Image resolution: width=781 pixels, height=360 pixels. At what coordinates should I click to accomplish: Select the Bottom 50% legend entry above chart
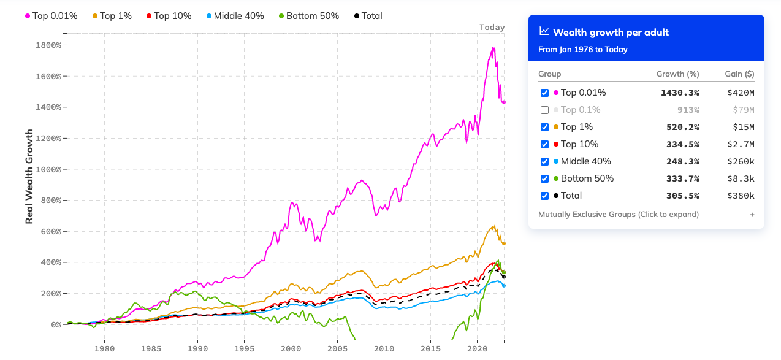pos(308,16)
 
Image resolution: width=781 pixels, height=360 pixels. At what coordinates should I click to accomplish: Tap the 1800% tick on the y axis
pos(48,45)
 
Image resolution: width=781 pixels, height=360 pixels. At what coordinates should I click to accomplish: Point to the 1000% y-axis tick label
pos(48,169)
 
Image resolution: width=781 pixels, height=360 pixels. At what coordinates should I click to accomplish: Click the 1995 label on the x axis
pos(244,348)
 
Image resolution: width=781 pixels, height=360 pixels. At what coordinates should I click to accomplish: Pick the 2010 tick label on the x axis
pos(384,348)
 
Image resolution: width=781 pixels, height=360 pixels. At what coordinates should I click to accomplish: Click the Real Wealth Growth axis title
pos(29,176)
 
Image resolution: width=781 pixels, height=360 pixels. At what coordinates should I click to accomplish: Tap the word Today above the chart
pos(492,27)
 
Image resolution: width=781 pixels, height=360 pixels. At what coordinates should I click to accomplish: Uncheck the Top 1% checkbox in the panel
pos(544,128)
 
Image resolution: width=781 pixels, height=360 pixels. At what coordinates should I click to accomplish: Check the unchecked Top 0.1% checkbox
pos(544,110)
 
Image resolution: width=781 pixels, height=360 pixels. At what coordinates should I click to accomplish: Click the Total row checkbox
pos(544,196)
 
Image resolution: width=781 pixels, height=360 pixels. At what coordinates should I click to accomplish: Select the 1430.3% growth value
pos(679,93)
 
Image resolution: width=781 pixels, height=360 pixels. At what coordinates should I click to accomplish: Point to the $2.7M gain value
pos(742,144)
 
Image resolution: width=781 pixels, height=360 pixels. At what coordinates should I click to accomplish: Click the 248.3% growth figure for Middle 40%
pos(682,161)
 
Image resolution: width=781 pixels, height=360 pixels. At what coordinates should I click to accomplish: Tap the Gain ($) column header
pos(740,74)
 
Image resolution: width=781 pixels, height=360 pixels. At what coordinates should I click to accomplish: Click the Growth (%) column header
pos(677,74)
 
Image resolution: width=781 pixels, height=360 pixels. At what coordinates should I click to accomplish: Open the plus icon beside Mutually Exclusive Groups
pos(752,215)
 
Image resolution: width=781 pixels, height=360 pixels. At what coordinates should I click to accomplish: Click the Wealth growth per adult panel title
pos(611,32)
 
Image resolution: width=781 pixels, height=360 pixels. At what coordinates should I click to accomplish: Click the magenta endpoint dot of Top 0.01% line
pos(504,102)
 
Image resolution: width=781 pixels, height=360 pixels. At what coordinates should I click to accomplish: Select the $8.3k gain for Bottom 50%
pos(742,178)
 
